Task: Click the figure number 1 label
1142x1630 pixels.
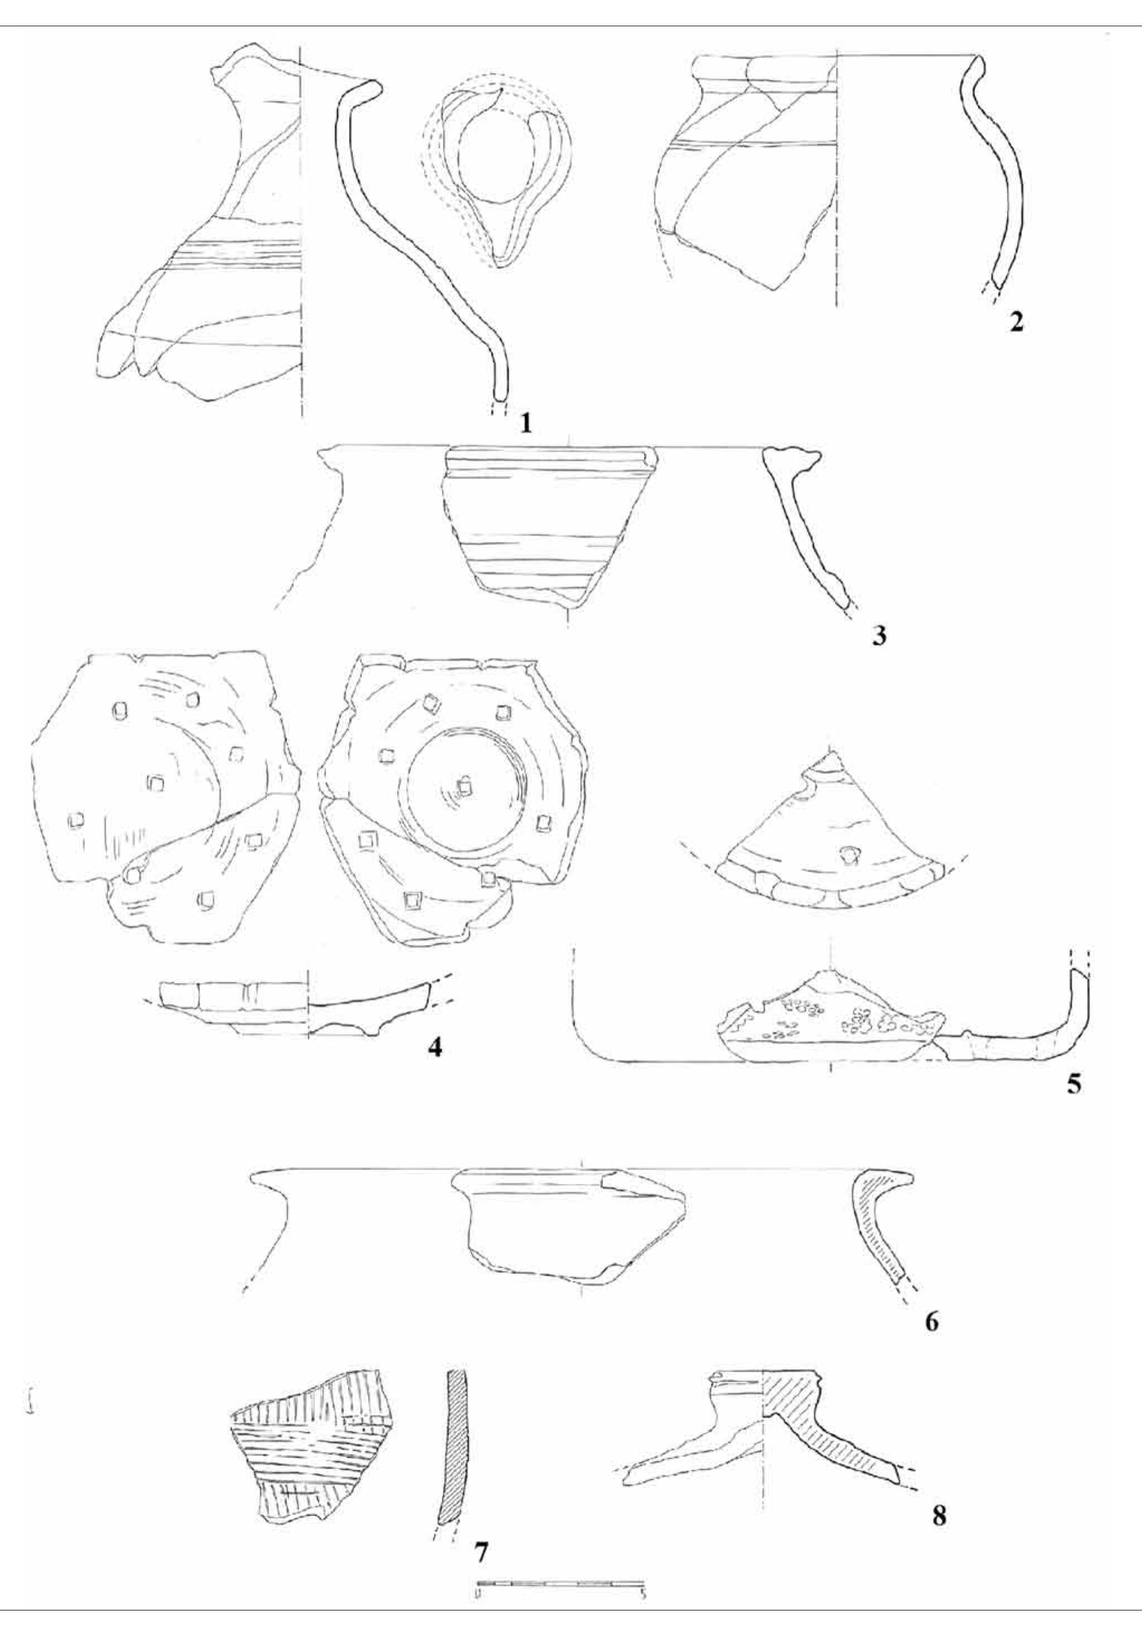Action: (x=525, y=423)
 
